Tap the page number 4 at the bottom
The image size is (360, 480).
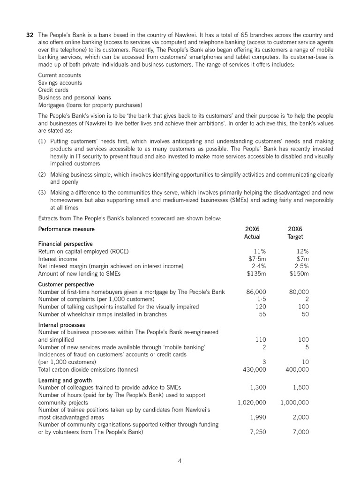(180, 460)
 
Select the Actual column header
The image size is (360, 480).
(253, 236)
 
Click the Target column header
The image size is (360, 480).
(295, 236)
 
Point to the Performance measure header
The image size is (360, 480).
(66, 229)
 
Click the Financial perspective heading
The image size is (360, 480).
(65, 244)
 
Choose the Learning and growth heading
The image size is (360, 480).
(65, 380)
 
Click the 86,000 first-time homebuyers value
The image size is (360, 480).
(256, 292)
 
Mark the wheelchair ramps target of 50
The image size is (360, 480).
(305, 314)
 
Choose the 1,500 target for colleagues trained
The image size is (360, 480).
(300, 387)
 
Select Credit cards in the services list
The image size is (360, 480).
(53, 90)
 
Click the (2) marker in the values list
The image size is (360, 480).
(42, 174)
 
